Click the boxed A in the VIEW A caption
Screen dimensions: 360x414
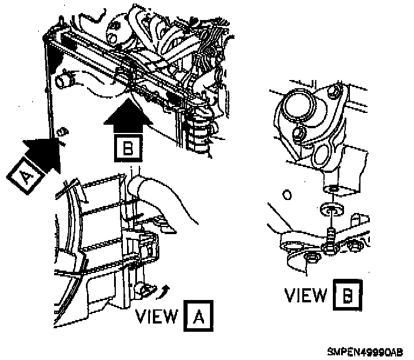tap(199, 318)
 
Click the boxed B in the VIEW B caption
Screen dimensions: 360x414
tap(348, 295)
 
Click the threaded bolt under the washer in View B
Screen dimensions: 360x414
tap(332, 234)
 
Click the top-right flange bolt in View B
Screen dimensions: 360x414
tap(336, 92)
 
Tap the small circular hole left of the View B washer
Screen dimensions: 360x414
tap(288, 194)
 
